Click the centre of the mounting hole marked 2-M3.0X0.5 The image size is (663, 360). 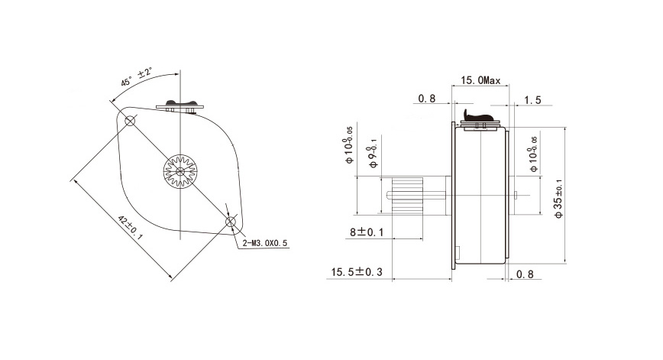coord(231,222)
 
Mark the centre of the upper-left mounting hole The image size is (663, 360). coord(130,121)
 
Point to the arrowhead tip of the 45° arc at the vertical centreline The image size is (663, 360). coord(179,73)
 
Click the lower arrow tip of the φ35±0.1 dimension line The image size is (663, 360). coord(565,263)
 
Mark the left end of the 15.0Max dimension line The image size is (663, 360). coord(452,86)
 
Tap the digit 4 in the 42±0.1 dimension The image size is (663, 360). coord(120,219)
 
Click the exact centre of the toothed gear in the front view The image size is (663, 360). coord(180,171)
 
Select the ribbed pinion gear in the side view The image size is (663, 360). coord(408,196)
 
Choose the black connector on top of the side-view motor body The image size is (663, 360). coord(478,115)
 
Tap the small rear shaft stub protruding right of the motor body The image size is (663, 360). coord(516,195)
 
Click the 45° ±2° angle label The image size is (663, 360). coord(137,77)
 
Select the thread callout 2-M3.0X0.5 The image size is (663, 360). coord(265,243)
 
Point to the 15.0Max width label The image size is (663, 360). coord(480,80)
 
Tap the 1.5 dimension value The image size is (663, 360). coord(532,100)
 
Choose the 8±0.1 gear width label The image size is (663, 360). coord(367,232)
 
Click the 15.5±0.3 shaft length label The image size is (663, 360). coord(357,272)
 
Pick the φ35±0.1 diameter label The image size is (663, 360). coord(559,199)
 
